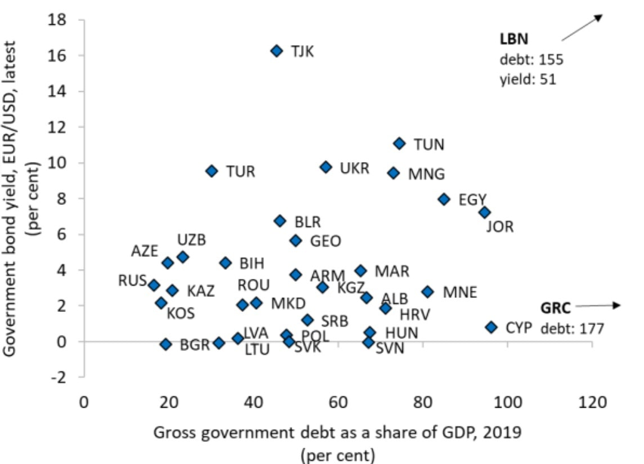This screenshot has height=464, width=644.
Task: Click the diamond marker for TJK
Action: point(276,51)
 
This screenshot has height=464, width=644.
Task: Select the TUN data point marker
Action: point(399,144)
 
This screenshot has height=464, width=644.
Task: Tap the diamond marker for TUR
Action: point(212,171)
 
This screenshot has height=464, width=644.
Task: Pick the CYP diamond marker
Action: point(491,327)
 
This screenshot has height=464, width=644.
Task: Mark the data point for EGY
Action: point(444,199)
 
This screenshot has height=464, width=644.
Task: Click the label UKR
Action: point(355,168)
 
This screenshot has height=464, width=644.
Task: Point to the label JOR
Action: point(500,227)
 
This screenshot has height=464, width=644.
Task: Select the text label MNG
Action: point(426,174)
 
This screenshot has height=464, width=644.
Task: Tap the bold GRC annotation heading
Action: point(556,308)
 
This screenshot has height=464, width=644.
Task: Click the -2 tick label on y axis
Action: point(59,377)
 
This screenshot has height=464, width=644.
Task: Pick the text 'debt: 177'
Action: point(572,328)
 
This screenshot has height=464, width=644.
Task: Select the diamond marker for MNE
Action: point(428,292)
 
